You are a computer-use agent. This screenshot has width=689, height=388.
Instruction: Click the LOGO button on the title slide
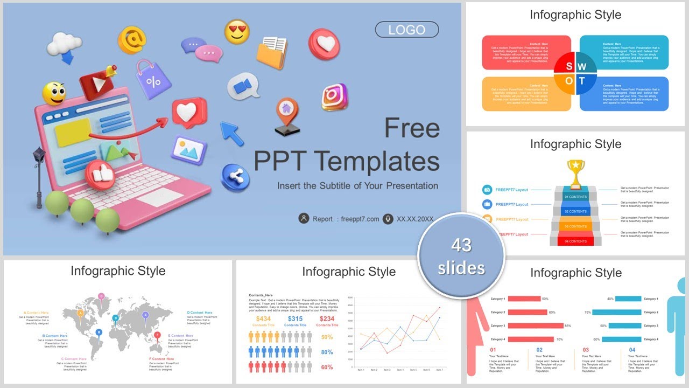(x=407, y=30)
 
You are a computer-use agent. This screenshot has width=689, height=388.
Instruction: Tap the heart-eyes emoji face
(x=237, y=32)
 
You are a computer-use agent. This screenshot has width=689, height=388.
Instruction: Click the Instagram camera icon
(x=335, y=97)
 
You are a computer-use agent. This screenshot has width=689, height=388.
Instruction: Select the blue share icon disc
(x=235, y=177)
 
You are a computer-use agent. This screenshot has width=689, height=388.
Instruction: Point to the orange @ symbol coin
(x=132, y=39)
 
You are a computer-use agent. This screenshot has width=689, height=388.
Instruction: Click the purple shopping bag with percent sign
(x=153, y=80)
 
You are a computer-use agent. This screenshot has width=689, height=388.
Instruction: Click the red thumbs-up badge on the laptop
(x=100, y=174)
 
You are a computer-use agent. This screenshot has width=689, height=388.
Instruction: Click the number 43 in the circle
(x=461, y=245)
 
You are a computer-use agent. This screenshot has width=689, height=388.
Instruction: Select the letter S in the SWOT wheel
(x=568, y=66)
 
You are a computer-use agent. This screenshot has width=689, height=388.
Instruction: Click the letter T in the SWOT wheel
(x=582, y=81)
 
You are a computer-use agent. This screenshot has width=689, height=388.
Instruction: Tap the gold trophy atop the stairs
(x=575, y=172)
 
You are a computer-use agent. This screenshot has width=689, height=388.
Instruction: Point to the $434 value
(x=264, y=319)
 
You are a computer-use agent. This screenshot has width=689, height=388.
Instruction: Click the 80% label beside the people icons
(x=326, y=352)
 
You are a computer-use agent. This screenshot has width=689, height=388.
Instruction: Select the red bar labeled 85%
(x=535, y=325)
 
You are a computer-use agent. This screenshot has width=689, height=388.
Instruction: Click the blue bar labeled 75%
(x=617, y=312)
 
